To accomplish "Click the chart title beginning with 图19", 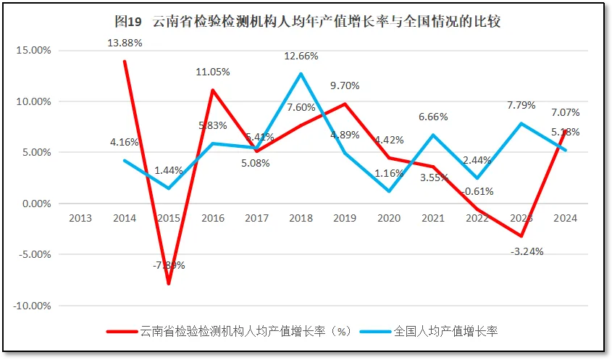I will click(307, 21).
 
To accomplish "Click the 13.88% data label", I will click(125, 43).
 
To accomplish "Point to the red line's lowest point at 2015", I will click(169, 283).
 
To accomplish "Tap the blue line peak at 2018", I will click(301, 74).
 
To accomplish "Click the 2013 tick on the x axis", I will click(80, 218).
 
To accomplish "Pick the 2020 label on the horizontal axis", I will click(388, 218).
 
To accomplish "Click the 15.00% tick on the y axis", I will click(32, 51).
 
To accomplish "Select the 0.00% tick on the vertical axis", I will click(34, 204).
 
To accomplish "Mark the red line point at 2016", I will click(212, 91).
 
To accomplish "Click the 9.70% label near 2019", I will click(345, 85).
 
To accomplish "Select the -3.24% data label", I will click(527, 251).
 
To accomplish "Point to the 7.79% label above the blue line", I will click(521, 105).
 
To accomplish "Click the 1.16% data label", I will click(389, 174).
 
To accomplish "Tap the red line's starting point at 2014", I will click(125, 62).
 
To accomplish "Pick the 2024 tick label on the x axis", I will click(564, 218).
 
